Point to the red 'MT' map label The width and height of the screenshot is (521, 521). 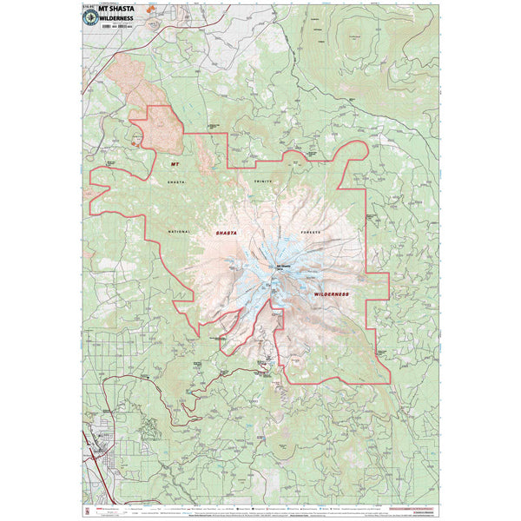click(175, 163)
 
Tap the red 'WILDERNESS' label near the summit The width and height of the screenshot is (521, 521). click(331, 294)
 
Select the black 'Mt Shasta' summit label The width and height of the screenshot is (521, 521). click(285, 266)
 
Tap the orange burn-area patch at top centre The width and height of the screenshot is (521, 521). click(155, 16)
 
